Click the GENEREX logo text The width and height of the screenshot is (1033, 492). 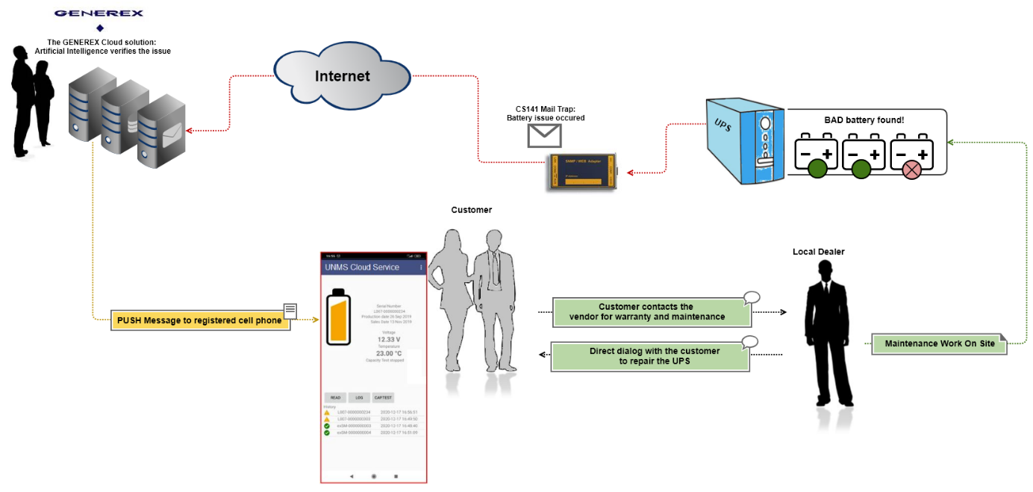(x=99, y=13)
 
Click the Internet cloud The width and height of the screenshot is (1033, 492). (x=342, y=76)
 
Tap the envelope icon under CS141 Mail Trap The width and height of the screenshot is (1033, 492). (x=544, y=135)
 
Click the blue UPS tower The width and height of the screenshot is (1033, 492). (x=746, y=141)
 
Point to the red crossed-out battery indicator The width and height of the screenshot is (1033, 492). (x=911, y=169)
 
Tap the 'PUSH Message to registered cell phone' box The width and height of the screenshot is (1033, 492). (x=200, y=320)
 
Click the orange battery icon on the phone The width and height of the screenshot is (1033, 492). (x=340, y=328)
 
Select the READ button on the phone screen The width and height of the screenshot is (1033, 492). (x=336, y=398)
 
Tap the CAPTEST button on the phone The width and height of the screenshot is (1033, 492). (x=383, y=398)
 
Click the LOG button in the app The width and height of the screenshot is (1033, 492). (x=359, y=398)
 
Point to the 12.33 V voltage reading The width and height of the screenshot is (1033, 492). (x=388, y=339)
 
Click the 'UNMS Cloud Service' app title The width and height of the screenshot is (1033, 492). (x=362, y=267)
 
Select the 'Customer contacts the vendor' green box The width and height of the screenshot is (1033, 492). (x=651, y=312)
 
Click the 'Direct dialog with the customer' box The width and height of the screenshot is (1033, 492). (x=649, y=356)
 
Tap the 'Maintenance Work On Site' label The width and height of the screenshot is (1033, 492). (x=939, y=344)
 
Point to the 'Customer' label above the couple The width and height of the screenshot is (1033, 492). (x=471, y=210)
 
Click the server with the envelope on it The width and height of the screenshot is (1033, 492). (x=161, y=134)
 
